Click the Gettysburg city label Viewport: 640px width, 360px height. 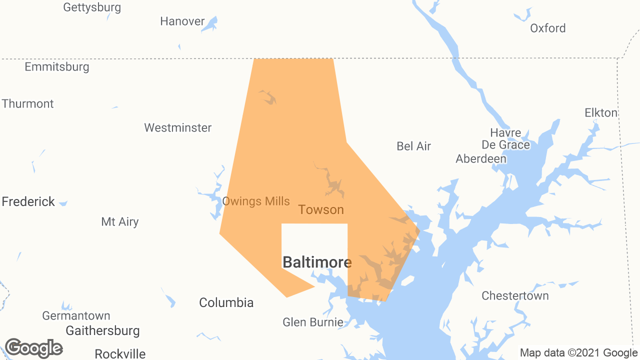click(x=92, y=7)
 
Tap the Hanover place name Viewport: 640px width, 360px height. click(x=182, y=21)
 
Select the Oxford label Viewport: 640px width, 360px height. click(x=548, y=28)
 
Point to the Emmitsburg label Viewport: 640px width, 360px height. click(x=57, y=67)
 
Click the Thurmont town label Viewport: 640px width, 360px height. click(x=28, y=104)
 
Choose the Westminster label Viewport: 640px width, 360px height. click(x=178, y=128)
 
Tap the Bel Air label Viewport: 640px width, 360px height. click(x=413, y=146)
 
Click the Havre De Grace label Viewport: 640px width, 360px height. click(x=505, y=139)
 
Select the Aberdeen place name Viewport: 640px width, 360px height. click(x=481, y=159)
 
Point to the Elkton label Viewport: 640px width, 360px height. click(x=601, y=113)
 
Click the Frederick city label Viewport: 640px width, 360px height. click(x=28, y=201)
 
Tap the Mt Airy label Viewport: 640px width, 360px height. click(x=120, y=222)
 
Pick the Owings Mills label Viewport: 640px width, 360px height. click(x=256, y=201)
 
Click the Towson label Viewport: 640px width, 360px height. click(x=321, y=210)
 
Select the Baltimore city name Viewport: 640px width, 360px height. click(x=317, y=262)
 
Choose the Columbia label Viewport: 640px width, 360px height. click(x=226, y=302)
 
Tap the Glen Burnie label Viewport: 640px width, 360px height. click(x=313, y=322)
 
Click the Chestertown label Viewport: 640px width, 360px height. click(x=515, y=296)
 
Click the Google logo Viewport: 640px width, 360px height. click(x=34, y=348)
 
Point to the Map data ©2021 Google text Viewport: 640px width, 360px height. click(x=578, y=353)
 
